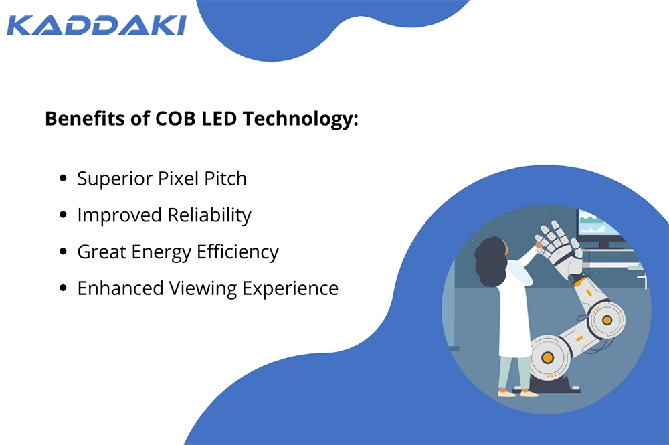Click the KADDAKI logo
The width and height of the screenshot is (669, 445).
pos(96,25)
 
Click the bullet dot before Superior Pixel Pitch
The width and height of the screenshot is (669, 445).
pos(63,179)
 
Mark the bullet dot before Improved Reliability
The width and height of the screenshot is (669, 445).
pos(63,215)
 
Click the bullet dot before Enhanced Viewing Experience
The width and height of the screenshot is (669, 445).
pos(63,288)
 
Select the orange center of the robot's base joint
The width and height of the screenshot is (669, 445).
pos(547,358)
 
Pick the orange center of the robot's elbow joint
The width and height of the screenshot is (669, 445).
pos(607,320)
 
